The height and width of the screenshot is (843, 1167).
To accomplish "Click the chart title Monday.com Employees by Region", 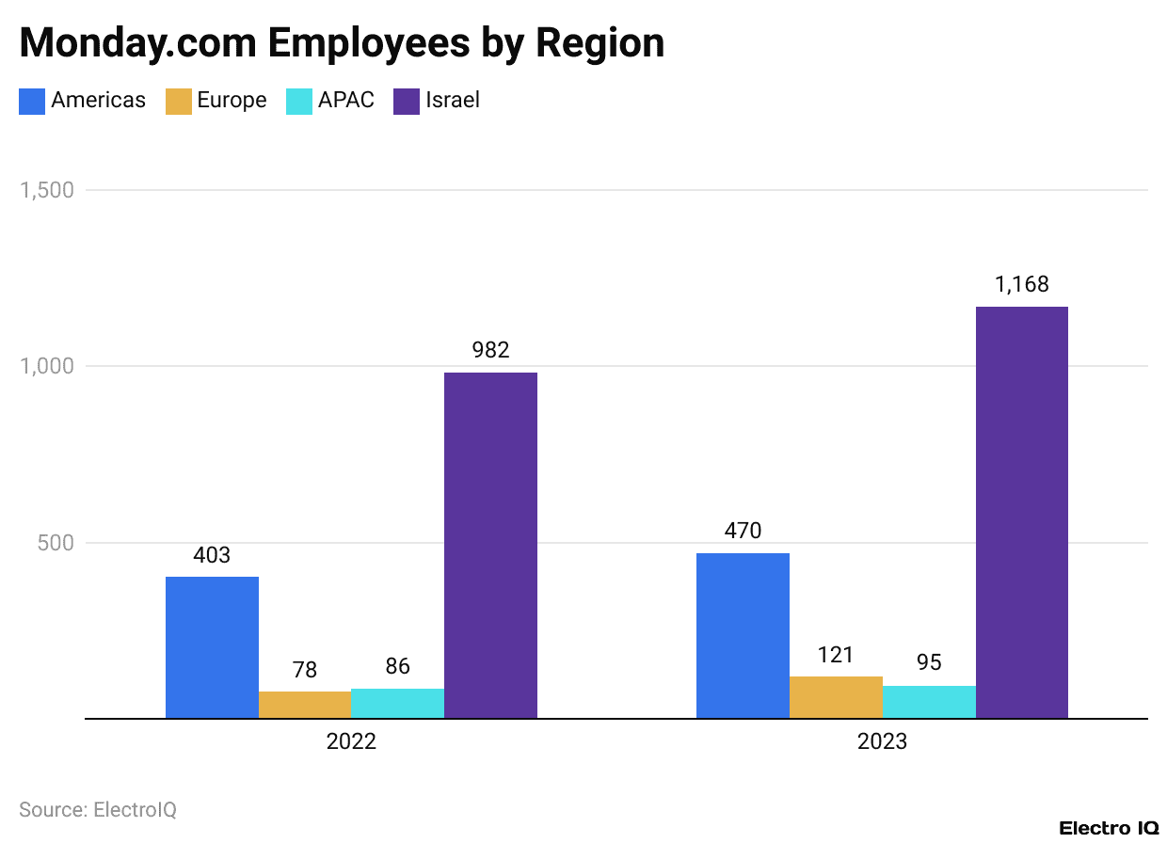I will click(x=342, y=42).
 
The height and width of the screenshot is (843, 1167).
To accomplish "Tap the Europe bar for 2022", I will click(x=305, y=705).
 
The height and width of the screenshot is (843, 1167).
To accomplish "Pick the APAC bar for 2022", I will click(x=397, y=704).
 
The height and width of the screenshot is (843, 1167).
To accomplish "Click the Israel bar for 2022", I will click(x=490, y=546).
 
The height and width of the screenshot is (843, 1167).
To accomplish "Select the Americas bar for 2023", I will click(x=743, y=636).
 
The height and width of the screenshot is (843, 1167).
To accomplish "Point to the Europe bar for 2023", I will click(x=836, y=697).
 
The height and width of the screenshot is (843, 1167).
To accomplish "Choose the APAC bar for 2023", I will click(x=929, y=702).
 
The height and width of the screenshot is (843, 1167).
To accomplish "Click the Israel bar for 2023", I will click(x=1022, y=513).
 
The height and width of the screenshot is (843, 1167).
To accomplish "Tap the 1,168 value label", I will click(x=1022, y=284).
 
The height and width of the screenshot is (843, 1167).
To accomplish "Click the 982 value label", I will click(x=490, y=350).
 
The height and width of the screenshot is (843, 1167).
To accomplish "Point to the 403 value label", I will click(x=212, y=555).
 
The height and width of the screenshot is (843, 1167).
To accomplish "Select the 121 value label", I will click(x=836, y=655).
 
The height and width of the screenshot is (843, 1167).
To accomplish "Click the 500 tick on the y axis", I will click(x=56, y=543).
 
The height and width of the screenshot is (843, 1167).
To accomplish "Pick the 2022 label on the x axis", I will click(x=351, y=741).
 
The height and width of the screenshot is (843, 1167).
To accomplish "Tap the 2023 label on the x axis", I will click(x=882, y=741).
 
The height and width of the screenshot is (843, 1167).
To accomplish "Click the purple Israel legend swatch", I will click(x=407, y=101).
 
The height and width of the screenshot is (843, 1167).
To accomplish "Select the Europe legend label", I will click(x=232, y=101).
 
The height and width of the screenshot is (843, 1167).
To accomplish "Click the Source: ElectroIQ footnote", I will click(x=98, y=809).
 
